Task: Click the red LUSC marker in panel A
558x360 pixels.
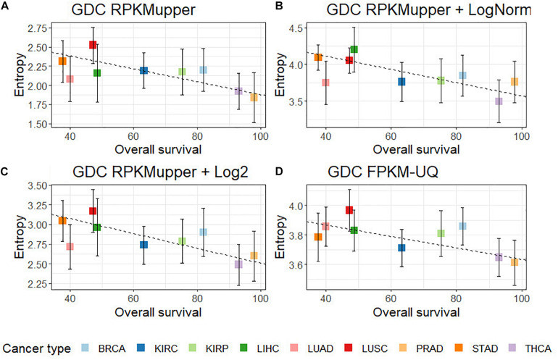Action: click(93, 45)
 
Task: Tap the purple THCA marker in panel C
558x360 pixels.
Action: click(238, 264)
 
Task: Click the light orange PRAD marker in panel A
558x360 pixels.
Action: click(254, 97)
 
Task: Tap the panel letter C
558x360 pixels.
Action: click(7, 172)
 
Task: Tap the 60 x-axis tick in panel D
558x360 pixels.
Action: click(390, 297)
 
